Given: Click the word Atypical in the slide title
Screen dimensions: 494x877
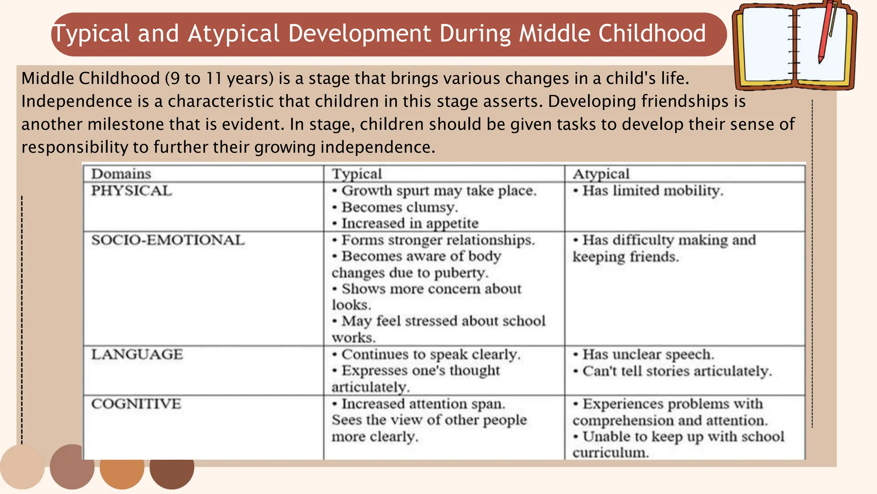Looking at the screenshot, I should [233, 33].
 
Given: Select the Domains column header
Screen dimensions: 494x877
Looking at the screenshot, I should [121, 174].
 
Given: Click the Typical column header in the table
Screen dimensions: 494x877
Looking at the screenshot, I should [357, 174].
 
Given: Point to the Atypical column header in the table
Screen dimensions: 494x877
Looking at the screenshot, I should [601, 174].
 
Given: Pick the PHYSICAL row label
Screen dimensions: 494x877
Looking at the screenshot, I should [131, 190].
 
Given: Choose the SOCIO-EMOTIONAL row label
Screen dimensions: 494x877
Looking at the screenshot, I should [168, 240].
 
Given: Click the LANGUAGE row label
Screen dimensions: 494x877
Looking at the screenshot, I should [137, 354].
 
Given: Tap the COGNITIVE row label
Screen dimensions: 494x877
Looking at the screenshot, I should [136, 404].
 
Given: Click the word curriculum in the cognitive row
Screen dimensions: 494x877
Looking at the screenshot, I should [610, 453].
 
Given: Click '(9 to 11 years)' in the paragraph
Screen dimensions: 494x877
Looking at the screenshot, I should [219, 78].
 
